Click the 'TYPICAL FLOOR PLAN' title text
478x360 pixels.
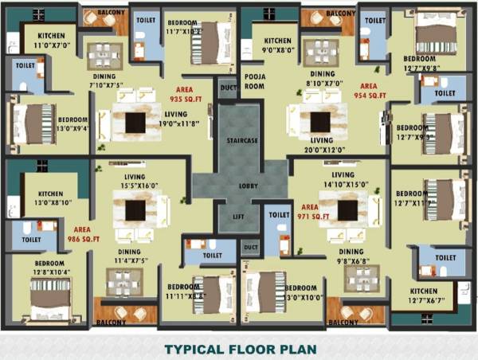[x=240, y=349]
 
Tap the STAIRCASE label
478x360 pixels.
[x=240, y=141]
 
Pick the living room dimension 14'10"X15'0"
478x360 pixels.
[x=343, y=186]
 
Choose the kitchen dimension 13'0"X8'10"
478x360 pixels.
[x=50, y=203]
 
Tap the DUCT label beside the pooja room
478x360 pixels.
[x=228, y=88]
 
